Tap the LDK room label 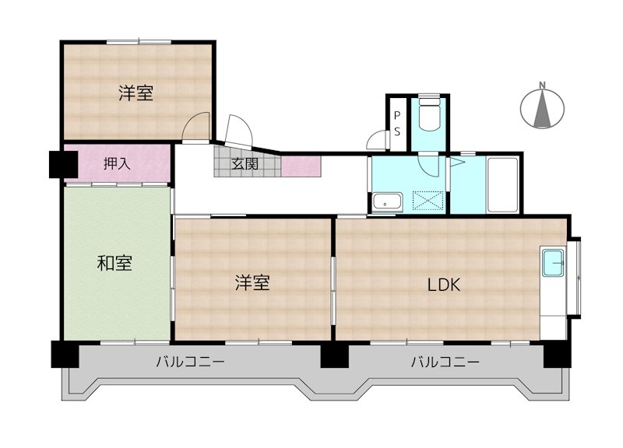pyautogui.click(x=444, y=285)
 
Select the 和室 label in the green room pyautogui.click(x=114, y=264)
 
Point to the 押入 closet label pyautogui.click(x=117, y=163)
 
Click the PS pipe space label pyautogui.click(x=396, y=124)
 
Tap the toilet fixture pyautogui.click(x=429, y=117)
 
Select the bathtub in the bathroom pyautogui.click(x=502, y=184)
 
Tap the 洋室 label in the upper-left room pyautogui.click(x=136, y=93)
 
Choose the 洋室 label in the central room pyautogui.click(x=252, y=283)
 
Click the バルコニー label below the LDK pyautogui.click(x=445, y=362)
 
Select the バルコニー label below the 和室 pyautogui.click(x=190, y=362)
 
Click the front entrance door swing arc pyautogui.click(x=238, y=128)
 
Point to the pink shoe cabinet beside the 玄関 pyautogui.click(x=300, y=166)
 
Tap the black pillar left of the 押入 pyautogui.click(x=62, y=163)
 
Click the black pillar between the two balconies pyautogui.click(x=334, y=355)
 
